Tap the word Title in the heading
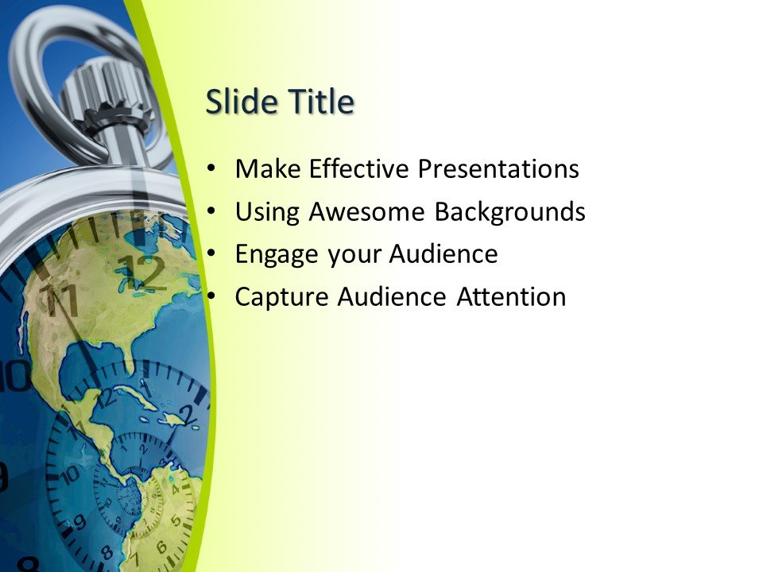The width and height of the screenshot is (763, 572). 316,102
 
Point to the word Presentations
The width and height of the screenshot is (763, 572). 498,169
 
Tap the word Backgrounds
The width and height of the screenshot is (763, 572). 509,212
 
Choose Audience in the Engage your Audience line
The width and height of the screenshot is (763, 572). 443,255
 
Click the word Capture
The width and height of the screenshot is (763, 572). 282,298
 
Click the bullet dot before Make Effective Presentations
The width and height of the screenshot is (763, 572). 210,169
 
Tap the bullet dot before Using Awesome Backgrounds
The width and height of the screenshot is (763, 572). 210,212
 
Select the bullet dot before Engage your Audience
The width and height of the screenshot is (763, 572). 210,255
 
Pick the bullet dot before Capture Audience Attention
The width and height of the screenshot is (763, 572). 210,298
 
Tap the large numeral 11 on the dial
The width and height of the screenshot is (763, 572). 60,301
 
